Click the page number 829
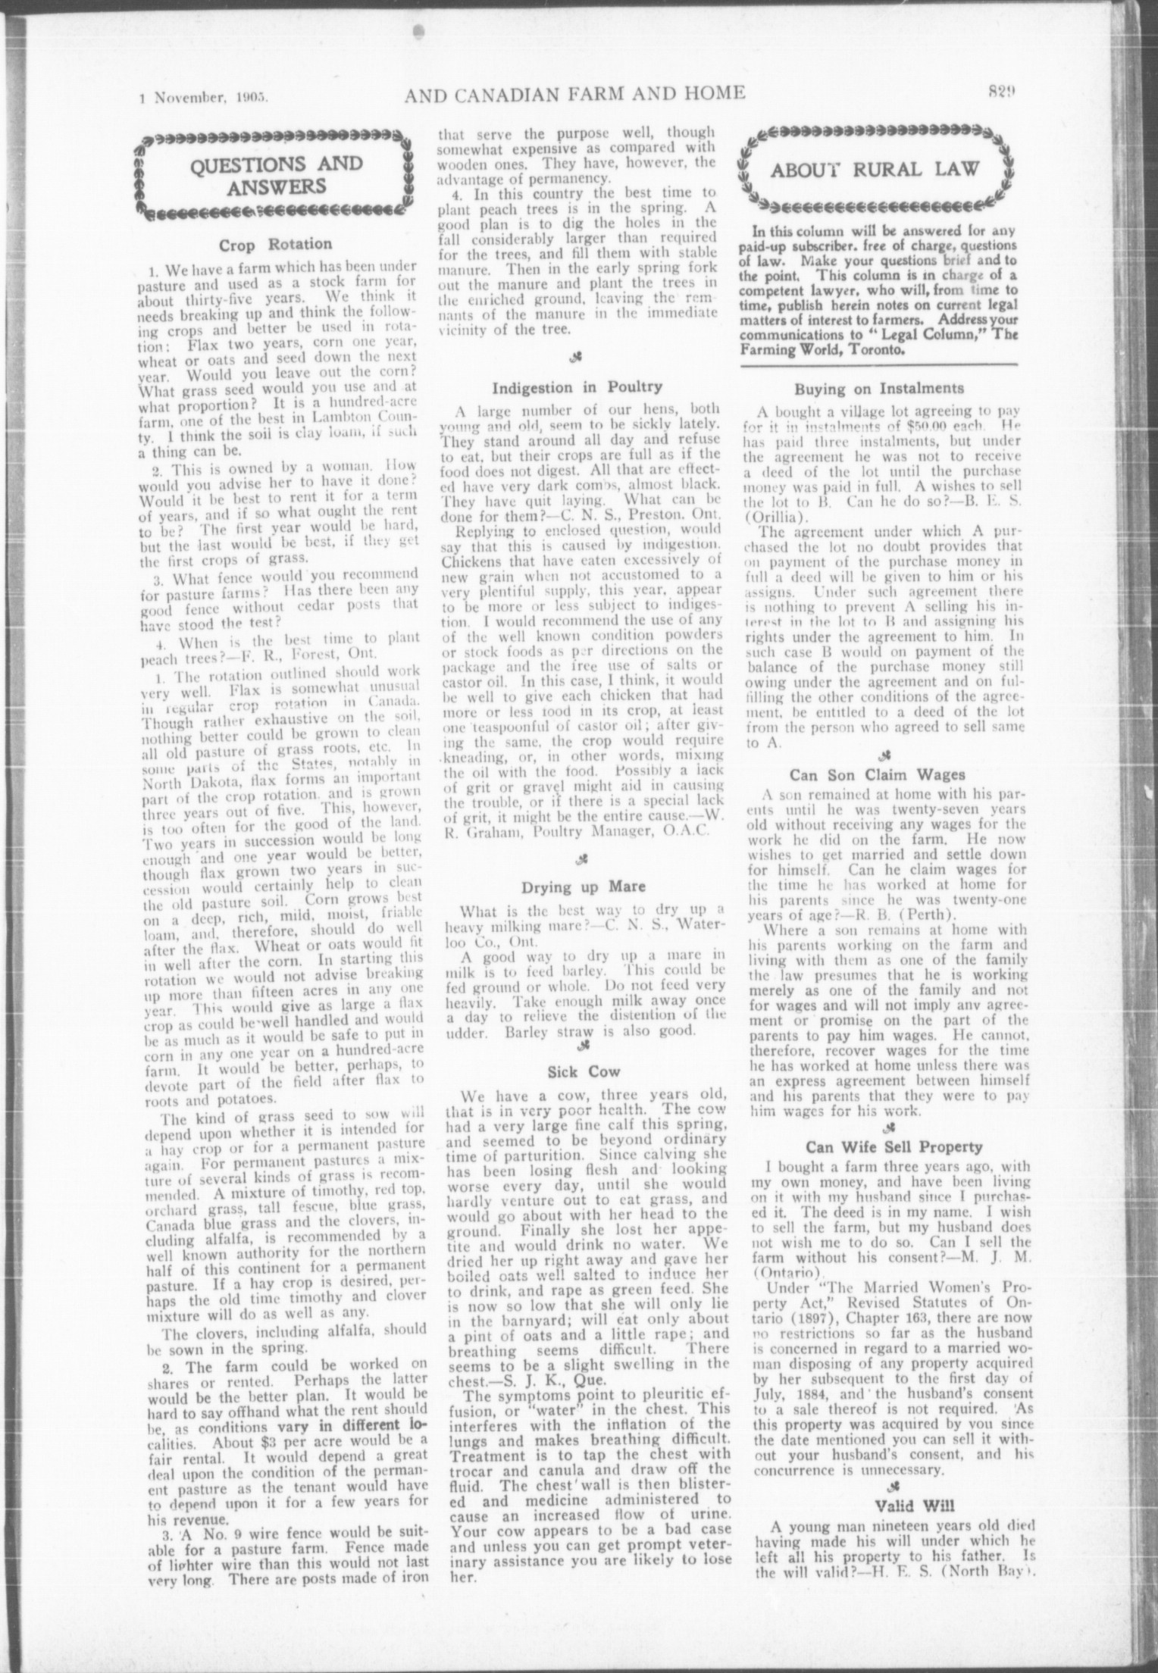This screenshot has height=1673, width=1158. [x=1001, y=92]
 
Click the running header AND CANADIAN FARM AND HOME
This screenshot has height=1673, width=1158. [x=574, y=93]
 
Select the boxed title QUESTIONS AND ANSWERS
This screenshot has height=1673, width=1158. [x=275, y=175]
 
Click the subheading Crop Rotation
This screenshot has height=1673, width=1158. [x=275, y=244]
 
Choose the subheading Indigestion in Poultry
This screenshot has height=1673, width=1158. [x=577, y=388]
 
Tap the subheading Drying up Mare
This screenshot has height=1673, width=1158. [x=577, y=887]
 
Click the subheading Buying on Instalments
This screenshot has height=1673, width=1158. [x=879, y=389]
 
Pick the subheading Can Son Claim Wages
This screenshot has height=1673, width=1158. [x=879, y=774]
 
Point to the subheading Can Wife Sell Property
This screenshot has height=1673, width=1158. [x=883, y=1146]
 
